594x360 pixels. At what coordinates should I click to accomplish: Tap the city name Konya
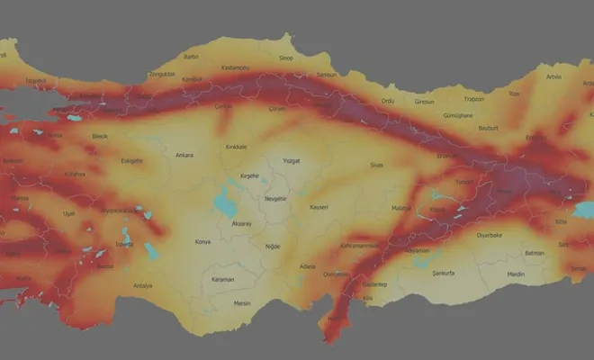[204, 241]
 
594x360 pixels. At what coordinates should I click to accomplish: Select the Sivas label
[376, 166]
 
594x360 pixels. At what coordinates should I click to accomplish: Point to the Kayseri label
[318, 207]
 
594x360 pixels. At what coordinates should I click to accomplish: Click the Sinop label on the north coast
[286, 58]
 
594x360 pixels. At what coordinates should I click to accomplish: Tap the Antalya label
[142, 285]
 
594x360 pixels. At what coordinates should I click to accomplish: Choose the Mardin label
[515, 274]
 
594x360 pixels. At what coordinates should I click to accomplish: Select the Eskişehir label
[132, 162]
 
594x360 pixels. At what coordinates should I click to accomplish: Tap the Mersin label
[242, 303]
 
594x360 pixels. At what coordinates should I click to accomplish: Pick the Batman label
[535, 253]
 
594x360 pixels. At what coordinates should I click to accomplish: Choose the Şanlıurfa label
[445, 271]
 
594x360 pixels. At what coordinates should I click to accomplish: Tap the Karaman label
[222, 279]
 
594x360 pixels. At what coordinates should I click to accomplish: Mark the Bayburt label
[490, 128]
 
